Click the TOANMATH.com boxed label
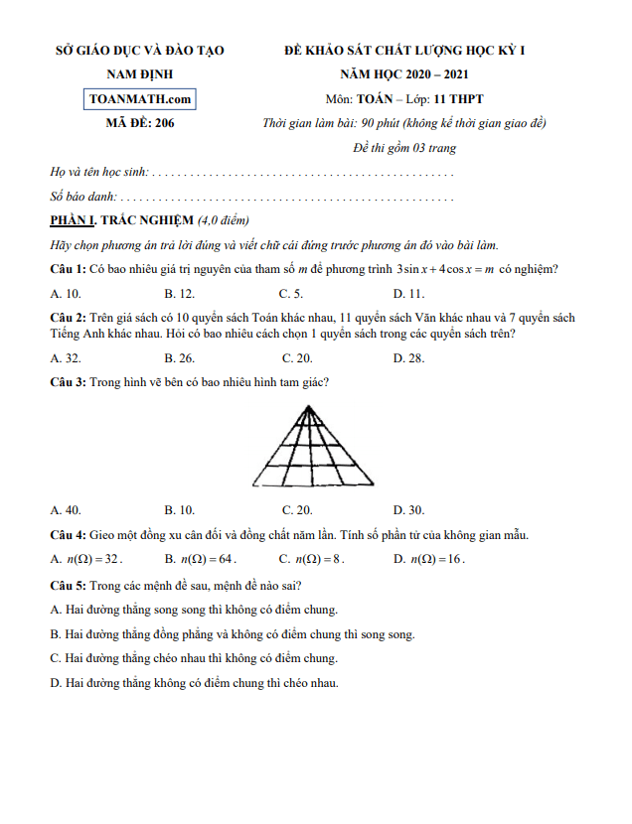click(139, 99)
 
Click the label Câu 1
click(68, 269)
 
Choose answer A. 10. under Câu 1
click(66, 293)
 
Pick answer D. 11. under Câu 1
click(408, 293)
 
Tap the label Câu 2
click(68, 318)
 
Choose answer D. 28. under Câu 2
click(408, 357)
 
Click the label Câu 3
click(68, 381)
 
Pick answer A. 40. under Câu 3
click(66, 510)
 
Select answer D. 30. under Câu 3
click(408, 510)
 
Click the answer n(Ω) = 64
click(207, 559)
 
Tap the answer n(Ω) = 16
click(435, 559)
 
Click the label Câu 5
click(68, 585)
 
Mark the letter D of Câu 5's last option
click(55, 683)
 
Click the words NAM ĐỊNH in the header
click(139, 74)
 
